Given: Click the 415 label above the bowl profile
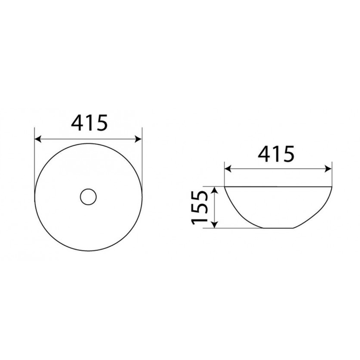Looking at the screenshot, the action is coord(276,154).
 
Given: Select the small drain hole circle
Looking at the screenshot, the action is coord(89,197).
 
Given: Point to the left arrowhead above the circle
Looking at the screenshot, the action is coord(38,139).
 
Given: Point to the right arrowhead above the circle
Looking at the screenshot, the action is coord(139,139).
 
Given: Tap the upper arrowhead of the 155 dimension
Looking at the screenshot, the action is coord(215,190).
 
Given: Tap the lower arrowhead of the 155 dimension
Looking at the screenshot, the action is coord(215,225).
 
